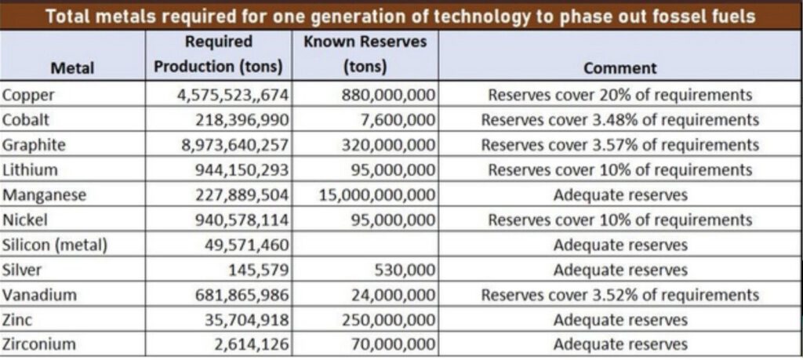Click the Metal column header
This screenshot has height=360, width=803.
72,68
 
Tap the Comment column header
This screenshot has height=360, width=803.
620,68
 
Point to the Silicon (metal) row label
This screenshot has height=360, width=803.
55,245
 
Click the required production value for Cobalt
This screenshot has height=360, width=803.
242,120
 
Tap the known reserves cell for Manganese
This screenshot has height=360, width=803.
378,195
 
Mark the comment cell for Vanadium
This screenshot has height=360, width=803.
620,295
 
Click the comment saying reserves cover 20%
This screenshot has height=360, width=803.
620,95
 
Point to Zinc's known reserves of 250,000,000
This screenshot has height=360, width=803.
389,320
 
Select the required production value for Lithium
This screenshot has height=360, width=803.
242,170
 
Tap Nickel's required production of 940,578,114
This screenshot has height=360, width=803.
242,220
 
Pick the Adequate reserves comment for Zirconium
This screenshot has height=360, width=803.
620,344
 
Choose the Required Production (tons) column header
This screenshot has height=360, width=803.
219,53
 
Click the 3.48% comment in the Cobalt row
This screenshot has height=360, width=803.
620,120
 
